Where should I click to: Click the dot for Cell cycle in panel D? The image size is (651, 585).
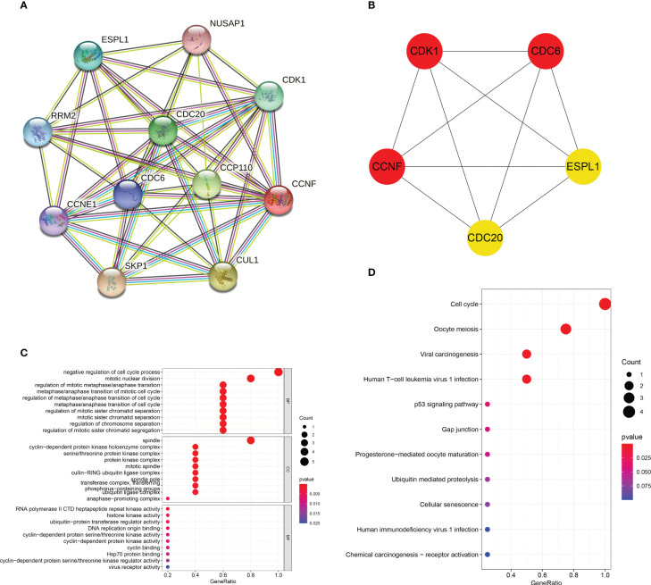[x=605, y=305]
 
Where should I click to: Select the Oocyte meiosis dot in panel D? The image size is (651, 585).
[x=565, y=330]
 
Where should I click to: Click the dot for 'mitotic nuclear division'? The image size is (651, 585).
[x=251, y=378]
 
